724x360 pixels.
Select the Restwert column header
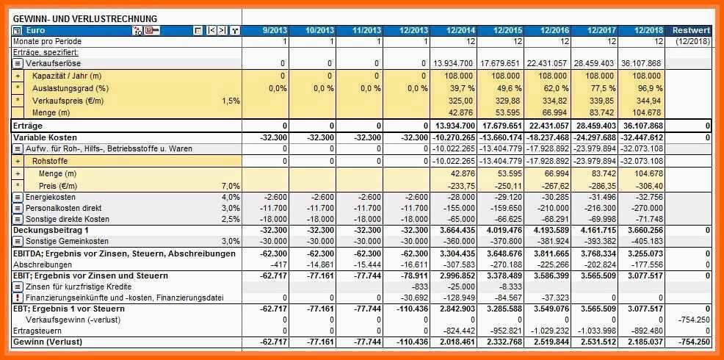point(692,30)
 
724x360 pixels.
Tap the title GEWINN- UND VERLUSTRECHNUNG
point(85,18)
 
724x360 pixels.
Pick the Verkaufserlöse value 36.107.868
point(641,64)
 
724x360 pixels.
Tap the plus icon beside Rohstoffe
point(18,161)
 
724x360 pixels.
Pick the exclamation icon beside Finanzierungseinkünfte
point(18,298)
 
